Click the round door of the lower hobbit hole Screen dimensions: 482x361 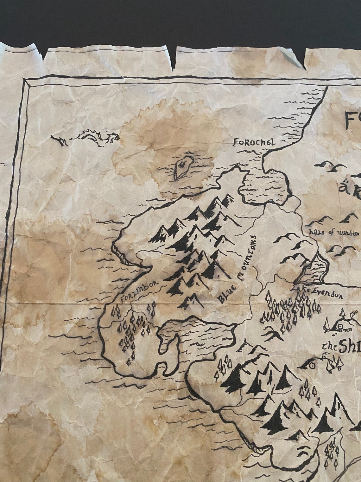coord(312,366)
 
